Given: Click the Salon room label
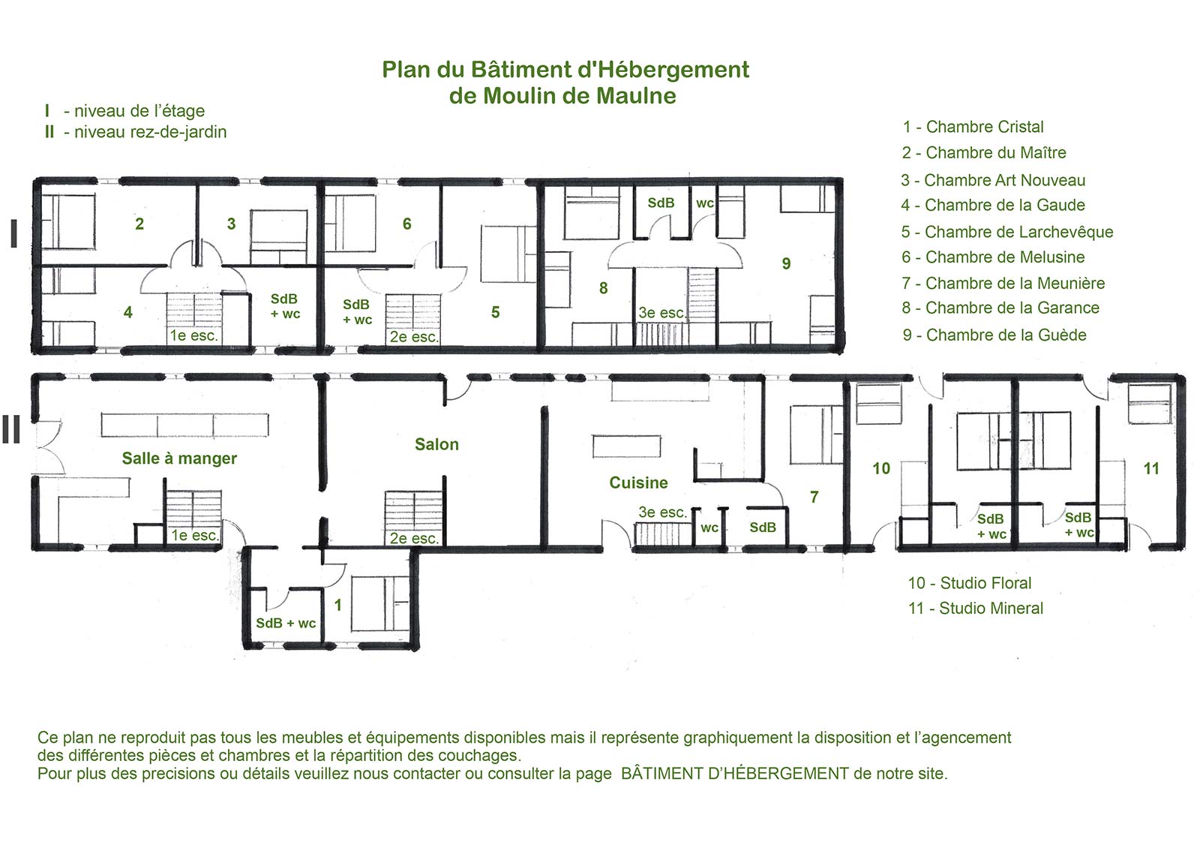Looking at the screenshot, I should coord(436,444).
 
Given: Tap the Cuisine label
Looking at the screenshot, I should coord(638,483).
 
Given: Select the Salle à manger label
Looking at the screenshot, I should coord(179,459).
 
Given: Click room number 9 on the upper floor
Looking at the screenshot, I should coord(786,263).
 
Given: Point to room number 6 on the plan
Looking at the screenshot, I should coord(407,224).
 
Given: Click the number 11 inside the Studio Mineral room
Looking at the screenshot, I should coord(1151,469).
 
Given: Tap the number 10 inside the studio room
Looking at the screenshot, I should coord(881,469).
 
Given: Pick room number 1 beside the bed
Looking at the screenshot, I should coord(338,605).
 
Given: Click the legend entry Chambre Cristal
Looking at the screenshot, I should coord(973,127).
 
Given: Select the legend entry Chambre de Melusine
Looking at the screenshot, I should coord(993,257).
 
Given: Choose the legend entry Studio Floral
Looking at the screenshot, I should coord(970,583).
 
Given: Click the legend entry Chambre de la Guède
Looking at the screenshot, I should coord(994,335).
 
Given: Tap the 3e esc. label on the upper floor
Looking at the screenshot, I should coord(661,313).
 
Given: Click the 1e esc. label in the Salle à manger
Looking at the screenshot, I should coord(194,536).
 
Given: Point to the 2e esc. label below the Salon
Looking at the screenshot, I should coord(413,539).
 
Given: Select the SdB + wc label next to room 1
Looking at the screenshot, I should coord(286,624).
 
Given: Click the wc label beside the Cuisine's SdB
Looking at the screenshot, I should coord(709,528).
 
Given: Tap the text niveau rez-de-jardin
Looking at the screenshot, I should coord(150,132).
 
